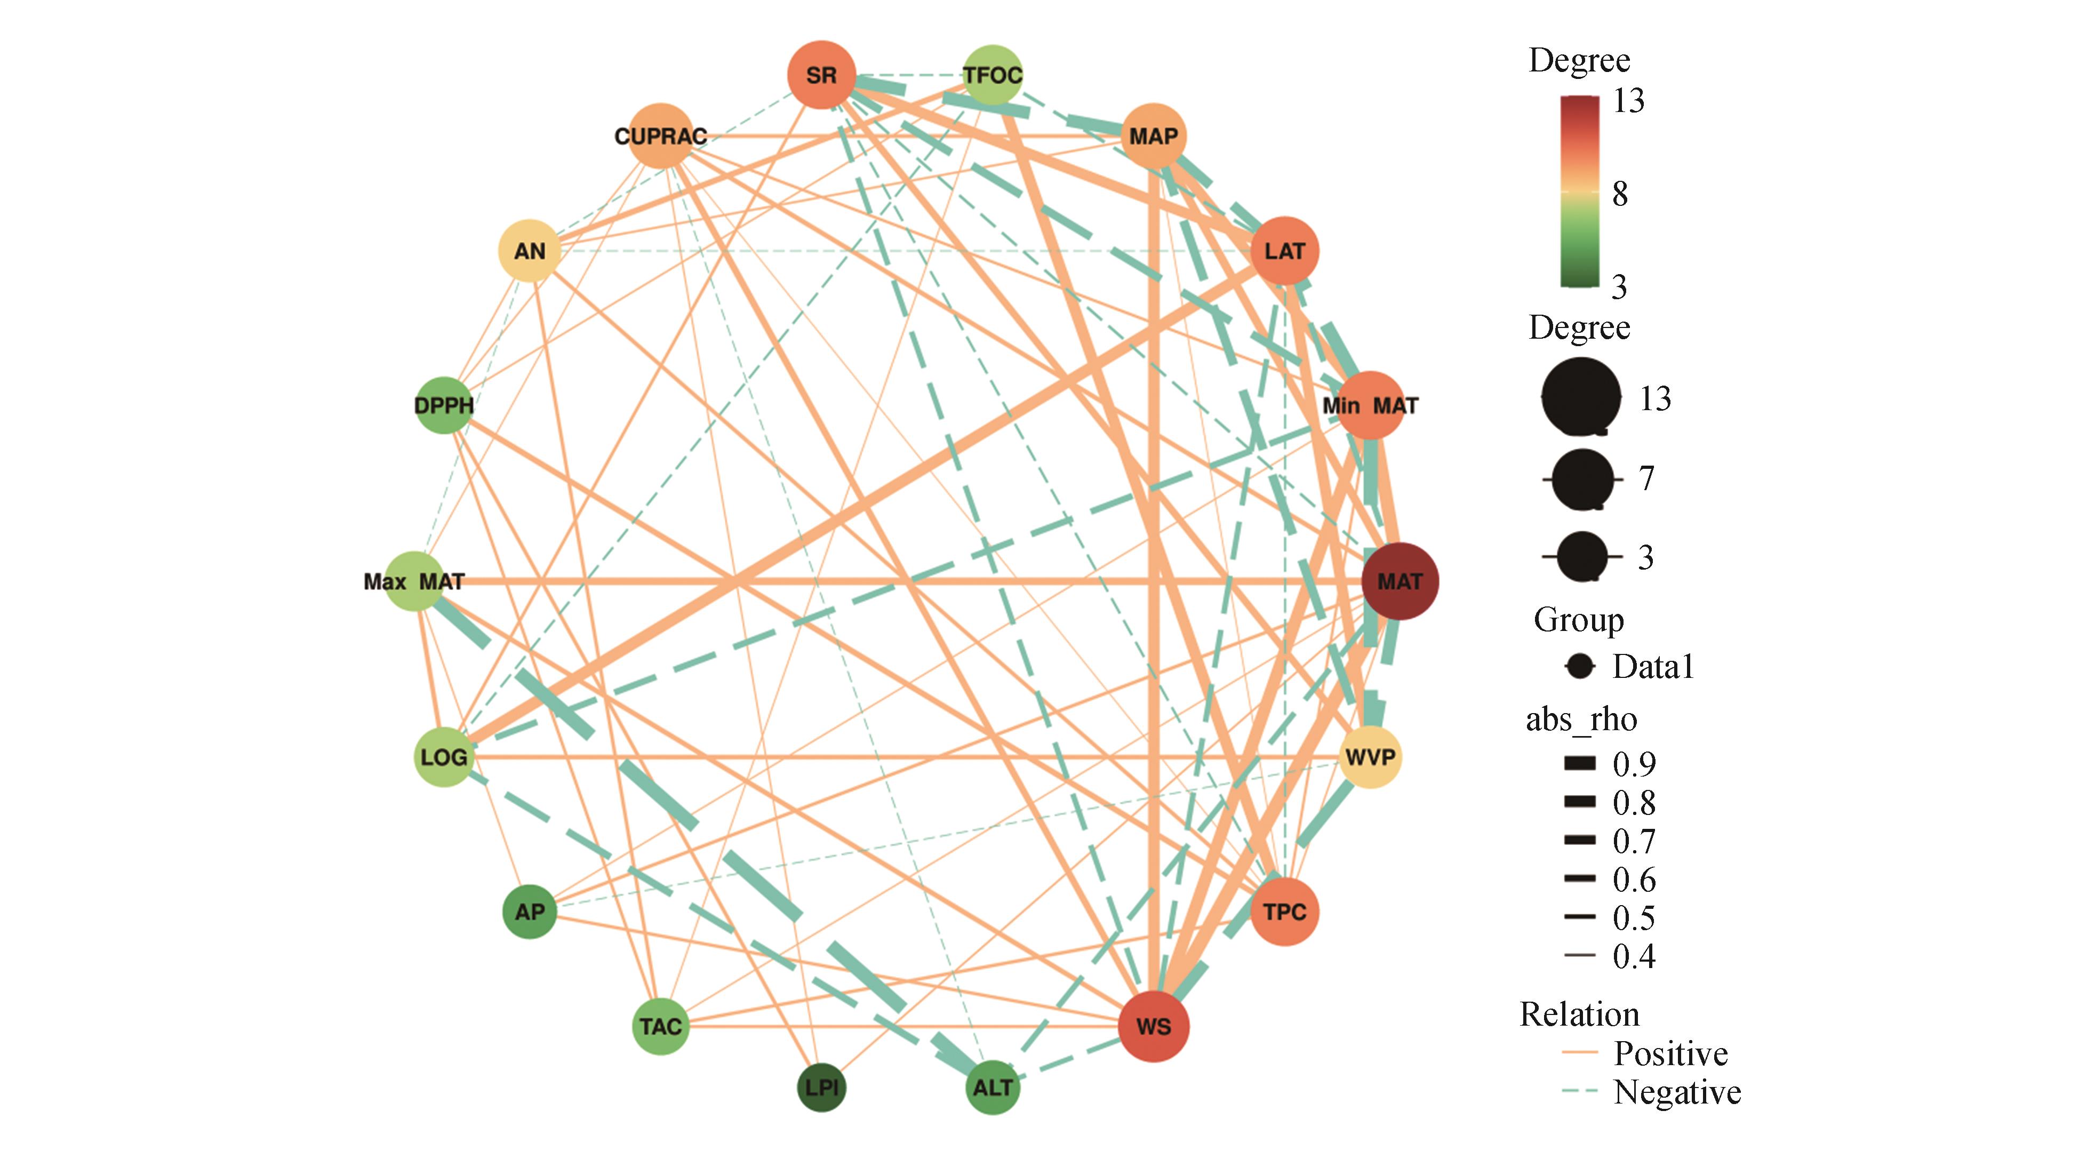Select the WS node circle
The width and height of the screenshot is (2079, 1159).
click(1153, 1027)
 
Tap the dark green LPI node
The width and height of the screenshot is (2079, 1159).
click(821, 1087)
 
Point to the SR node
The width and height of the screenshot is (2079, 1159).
click(821, 75)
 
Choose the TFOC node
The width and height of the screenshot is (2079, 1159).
click(993, 75)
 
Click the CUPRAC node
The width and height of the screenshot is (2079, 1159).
click(661, 135)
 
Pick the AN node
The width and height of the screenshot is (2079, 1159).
click(530, 251)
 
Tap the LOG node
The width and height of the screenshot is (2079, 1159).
click(444, 757)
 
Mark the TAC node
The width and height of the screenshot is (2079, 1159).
click(661, 1027)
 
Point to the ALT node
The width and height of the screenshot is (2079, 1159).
click(993, 1087)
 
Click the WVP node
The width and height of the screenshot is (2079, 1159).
click(1370, 757)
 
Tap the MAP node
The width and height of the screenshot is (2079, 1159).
click(1153, 135)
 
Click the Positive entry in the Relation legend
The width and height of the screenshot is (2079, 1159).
click(1670, 1053)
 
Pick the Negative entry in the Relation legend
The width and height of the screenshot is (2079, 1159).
click(1676, 1092)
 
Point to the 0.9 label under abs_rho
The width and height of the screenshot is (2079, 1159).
click(1634, 764)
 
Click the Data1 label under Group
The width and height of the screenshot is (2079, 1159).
click(1652, 667)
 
